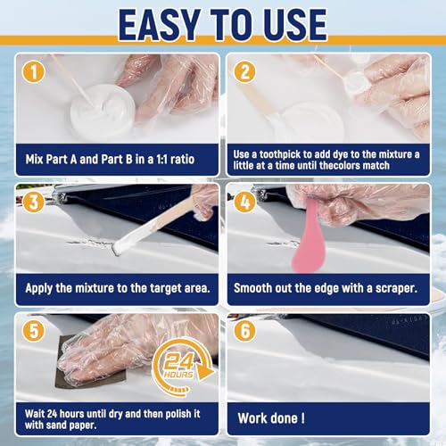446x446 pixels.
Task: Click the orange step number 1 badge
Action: [34, 71]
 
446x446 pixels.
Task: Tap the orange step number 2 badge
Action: [244, 71]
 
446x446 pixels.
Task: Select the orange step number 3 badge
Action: [34, 202]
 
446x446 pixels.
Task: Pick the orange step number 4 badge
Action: [244, 202]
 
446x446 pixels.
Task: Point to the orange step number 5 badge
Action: [34, 331]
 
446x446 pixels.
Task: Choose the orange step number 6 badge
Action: [244, 331]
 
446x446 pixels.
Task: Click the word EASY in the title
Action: [160, 25]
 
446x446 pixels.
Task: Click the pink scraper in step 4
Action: [309, 235]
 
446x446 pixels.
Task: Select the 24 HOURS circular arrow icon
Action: [182, 367]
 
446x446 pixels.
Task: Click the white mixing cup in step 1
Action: [103, 109]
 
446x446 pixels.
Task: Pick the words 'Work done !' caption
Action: [271, 418]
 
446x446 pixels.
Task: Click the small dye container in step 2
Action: [357, 86]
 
